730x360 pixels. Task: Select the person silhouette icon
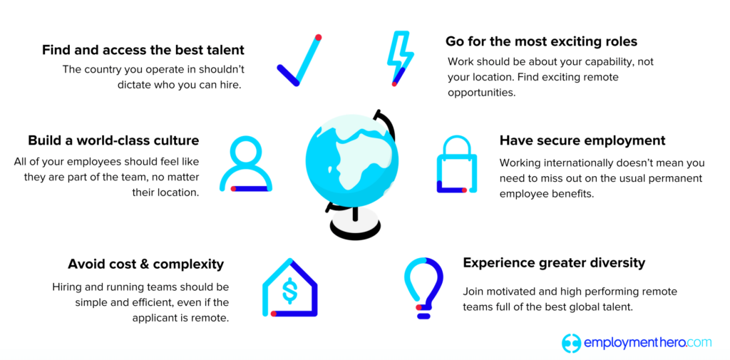[245, 165]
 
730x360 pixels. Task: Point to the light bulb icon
[423, 286]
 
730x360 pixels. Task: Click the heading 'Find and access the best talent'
[143, 50]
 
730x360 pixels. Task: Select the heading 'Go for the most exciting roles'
[541, 41]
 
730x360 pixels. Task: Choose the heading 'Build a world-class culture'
[113, 140]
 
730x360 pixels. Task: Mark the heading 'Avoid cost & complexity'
[145, 264]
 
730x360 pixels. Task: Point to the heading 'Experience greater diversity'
[554, 262]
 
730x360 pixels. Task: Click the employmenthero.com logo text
[647, 342]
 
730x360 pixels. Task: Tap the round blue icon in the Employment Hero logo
[572, 343]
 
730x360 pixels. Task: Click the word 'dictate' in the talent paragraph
[136, 84]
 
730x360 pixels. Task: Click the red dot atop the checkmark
[318, 37]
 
